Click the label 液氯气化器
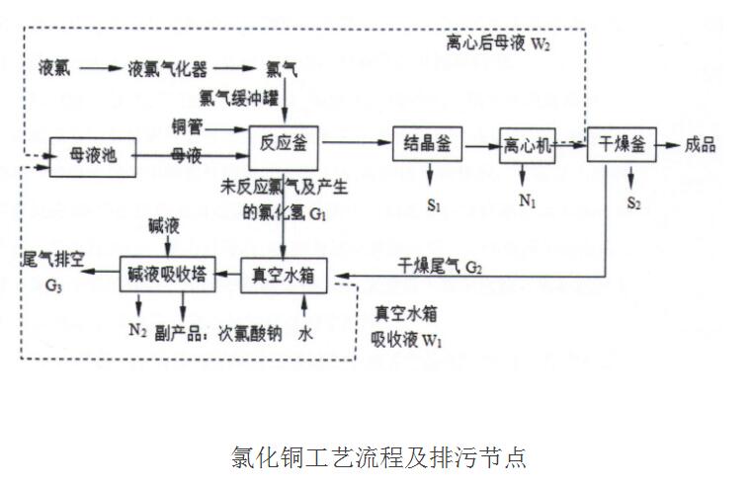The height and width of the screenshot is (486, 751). point(165,69)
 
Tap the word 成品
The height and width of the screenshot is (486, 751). point(700,144)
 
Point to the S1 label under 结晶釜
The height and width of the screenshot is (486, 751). point(433,204)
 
